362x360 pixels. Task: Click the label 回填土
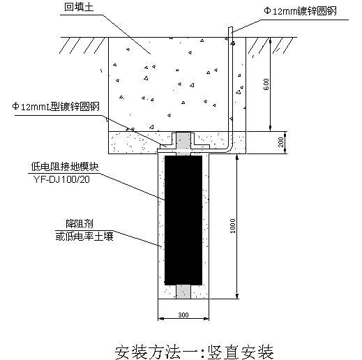coord(79,7)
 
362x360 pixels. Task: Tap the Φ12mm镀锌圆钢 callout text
coord(300,11)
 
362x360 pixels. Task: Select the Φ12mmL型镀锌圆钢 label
coord(56,107)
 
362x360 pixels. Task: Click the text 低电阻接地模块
coord(65,167)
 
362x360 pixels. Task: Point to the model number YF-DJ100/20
coord(61,179)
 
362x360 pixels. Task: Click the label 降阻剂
coord(80,224)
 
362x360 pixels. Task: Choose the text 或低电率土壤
coord(84,237)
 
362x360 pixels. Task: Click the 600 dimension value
coord(266,84)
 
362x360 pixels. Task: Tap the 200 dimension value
coord(281,142)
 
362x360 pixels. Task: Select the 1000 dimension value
coord(232,226)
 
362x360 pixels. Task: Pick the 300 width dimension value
coord(183,315)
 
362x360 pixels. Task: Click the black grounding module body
coord(183,220)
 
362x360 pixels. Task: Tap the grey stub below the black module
coord(183,292)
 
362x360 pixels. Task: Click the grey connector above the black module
coord(183,142)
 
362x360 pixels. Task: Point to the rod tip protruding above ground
coord(230,28)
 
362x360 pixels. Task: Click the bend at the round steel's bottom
coord(228,150)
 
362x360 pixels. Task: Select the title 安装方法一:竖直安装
coord(195,352)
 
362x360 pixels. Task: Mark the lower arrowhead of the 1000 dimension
coord(237,296)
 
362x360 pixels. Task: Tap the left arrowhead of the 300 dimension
coord(161,319)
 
